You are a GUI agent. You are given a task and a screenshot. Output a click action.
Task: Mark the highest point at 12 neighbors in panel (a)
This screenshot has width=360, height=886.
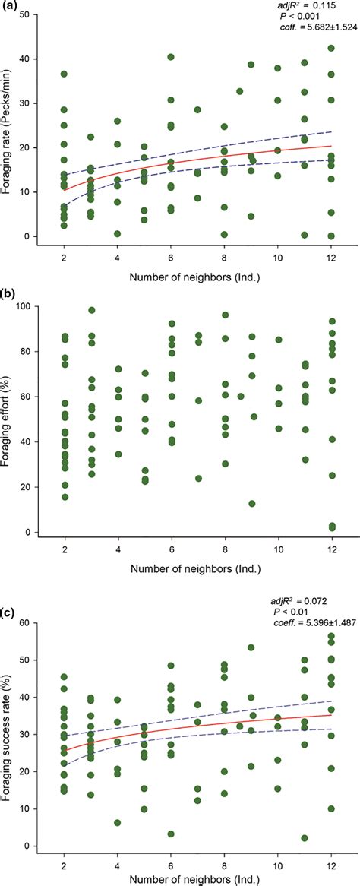pyautogui.click(x=331, y=48)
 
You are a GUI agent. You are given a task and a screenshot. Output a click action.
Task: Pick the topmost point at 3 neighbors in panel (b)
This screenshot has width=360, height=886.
pyautogui.click(x=91, y=310)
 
